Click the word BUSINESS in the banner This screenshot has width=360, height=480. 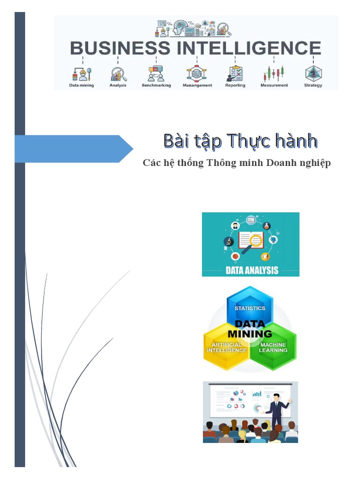point(120,48)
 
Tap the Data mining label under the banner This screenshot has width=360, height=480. point(82,85)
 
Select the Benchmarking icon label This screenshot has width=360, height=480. point(156,85)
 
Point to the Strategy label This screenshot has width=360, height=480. point(313,85)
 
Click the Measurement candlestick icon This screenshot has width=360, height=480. point(274,74)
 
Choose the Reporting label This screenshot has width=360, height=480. point(235,85)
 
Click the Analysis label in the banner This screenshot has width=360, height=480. point(118,85)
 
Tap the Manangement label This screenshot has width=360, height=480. point(197,85)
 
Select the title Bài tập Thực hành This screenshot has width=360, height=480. point(240,141)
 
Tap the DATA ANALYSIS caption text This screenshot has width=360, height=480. point(252,270)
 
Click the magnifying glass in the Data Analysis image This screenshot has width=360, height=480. point(254,242)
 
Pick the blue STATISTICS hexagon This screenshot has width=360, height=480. point(250,306)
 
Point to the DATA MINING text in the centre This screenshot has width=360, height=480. point(249,329)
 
